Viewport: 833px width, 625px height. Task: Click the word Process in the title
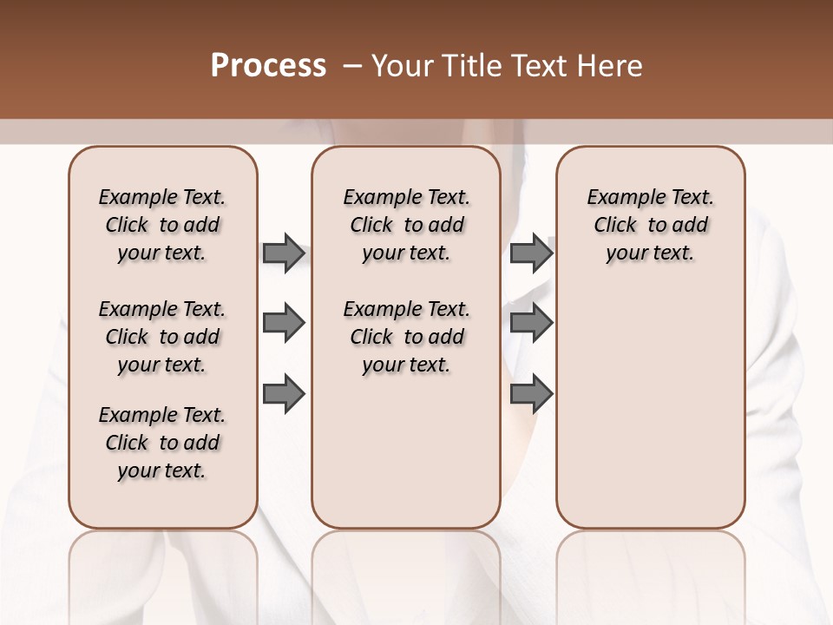(268, 66)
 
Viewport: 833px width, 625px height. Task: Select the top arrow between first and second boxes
(284, 253)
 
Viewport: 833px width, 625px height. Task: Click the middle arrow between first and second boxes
(284, 324)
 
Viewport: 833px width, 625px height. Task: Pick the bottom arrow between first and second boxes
(284, 394)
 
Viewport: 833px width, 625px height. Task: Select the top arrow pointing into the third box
(531, 253)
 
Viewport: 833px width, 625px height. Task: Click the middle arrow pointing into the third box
(531, 324)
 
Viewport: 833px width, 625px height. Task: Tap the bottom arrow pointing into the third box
(531, 394)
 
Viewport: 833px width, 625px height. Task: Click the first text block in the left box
(162, 225)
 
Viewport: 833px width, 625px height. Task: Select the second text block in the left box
(162, 337)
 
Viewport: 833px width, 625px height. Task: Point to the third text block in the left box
(162, 443)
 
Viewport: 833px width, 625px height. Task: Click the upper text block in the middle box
(406, 225)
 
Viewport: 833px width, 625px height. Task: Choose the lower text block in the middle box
(406, 337)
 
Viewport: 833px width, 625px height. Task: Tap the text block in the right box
(650, 225)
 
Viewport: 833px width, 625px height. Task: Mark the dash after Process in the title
(351, 66)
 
